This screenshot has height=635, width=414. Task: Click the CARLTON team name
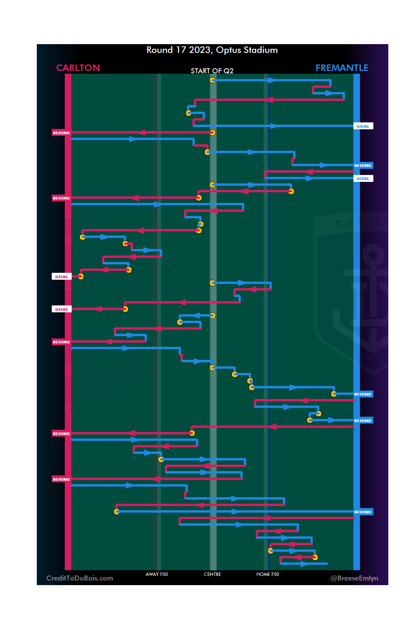[x=78, y=68]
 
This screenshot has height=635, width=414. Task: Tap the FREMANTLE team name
[x=342, y=68]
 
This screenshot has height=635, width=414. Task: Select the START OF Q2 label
[x=212, y=71]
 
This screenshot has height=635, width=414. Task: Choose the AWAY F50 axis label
[x=156, y=574]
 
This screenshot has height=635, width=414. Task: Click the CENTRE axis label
[x=212, y=574]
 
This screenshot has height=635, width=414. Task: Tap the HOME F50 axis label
[x=268, y=574]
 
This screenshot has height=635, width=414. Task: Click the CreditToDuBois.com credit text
[x=80, y=578]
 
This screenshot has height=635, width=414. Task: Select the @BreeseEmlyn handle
[x=354, y=578]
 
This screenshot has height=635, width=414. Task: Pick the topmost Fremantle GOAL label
[x=363, y=126]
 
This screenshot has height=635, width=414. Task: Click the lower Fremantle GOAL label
[x=363, y=178]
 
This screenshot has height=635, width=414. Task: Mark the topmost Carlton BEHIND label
[x=61, y=133]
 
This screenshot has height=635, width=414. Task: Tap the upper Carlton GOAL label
[x=61, y=277]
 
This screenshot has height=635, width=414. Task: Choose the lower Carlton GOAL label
[x=61, y=309]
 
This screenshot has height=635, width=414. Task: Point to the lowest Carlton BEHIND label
[x=61, y=479]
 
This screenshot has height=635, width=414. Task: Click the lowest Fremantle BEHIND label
[x=363, y=512]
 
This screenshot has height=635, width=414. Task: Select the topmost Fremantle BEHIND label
[x=363, y=165]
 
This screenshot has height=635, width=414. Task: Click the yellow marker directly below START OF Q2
[x=212, y=80]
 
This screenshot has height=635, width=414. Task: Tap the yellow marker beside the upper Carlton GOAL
[x=80, y=276]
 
